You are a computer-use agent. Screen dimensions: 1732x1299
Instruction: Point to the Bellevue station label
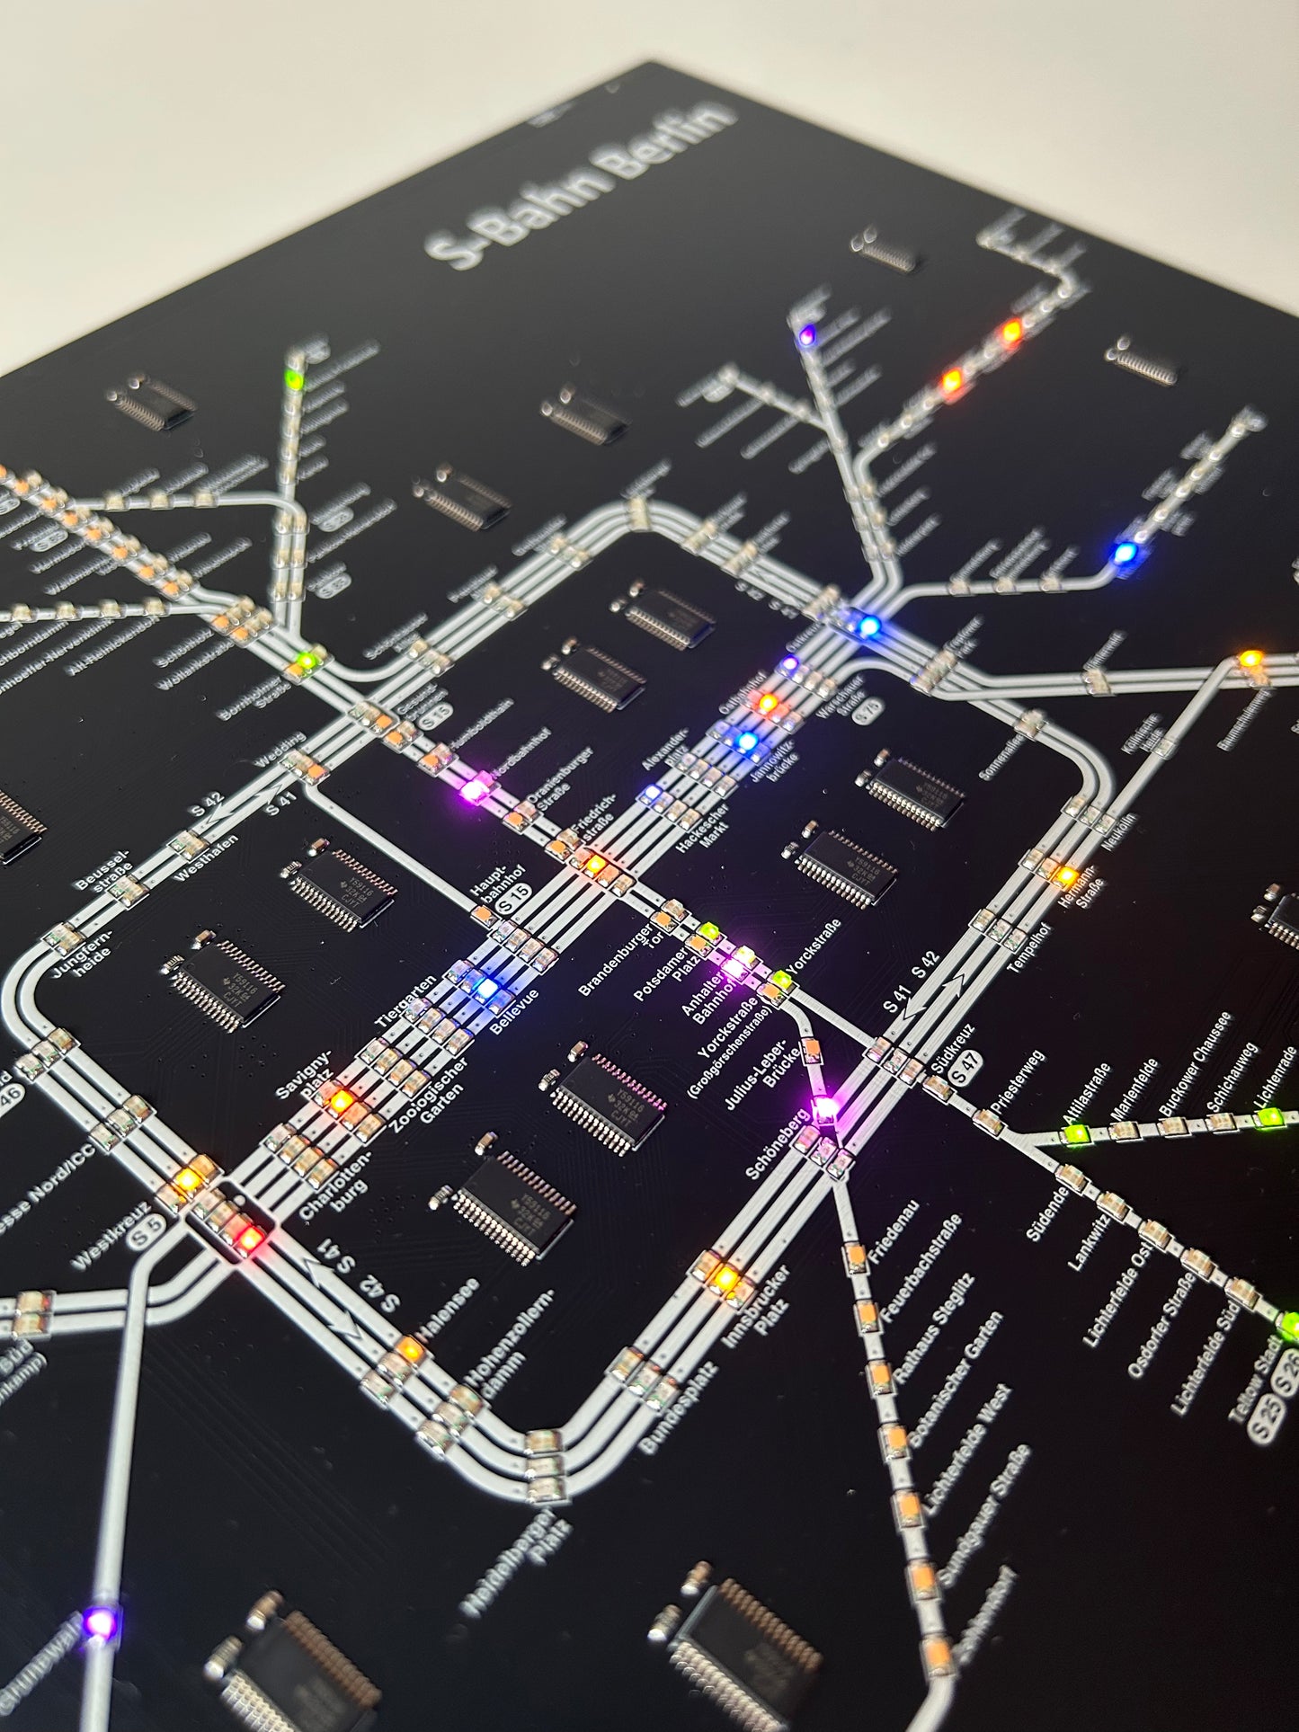pos(515,1012)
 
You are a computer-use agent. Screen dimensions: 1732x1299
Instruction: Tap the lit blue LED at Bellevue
pos(486,988)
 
